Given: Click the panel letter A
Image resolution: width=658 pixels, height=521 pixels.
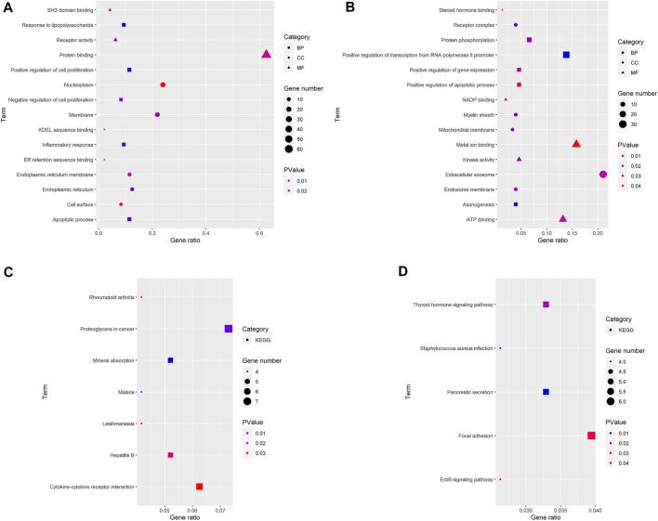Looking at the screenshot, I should (7, 7).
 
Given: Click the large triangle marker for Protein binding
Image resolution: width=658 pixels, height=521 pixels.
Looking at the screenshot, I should (267, 54).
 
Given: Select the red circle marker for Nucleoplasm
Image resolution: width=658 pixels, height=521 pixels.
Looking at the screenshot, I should (163, 85).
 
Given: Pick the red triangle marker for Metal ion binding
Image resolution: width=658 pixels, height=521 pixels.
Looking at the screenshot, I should (576, 144).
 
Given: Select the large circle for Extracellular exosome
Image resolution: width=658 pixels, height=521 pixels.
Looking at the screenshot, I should (603, 174).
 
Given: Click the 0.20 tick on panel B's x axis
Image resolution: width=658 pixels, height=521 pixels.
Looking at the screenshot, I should (599, 233).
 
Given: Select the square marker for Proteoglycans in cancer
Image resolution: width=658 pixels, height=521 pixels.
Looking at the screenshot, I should (229, 329).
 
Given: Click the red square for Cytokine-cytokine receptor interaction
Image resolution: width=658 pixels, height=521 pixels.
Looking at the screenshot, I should (199, 487).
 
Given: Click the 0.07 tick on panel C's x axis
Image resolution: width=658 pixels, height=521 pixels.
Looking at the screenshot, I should (220, 509).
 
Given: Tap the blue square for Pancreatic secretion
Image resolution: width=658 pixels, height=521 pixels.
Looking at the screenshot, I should (546, 392).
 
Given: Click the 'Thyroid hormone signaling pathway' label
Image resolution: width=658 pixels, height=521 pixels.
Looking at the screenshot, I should (453, 305).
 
